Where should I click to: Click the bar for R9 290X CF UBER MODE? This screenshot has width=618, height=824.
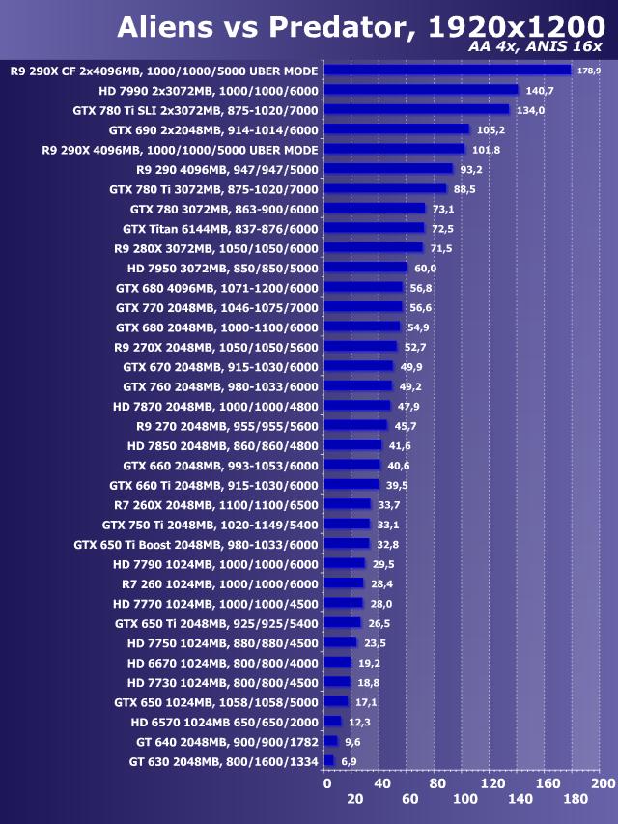(447, 70)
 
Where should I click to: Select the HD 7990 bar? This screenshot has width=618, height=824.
(421, 90)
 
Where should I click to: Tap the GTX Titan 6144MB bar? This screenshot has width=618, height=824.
(374, 228)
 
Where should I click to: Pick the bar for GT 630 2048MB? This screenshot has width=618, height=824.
(328, 761)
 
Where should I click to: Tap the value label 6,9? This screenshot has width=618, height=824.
(349, 762)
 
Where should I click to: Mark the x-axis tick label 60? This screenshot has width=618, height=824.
(409, 799)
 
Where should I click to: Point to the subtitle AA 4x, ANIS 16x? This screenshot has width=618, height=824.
(535, 49)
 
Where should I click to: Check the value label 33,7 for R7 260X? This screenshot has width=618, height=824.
(389, 504)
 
